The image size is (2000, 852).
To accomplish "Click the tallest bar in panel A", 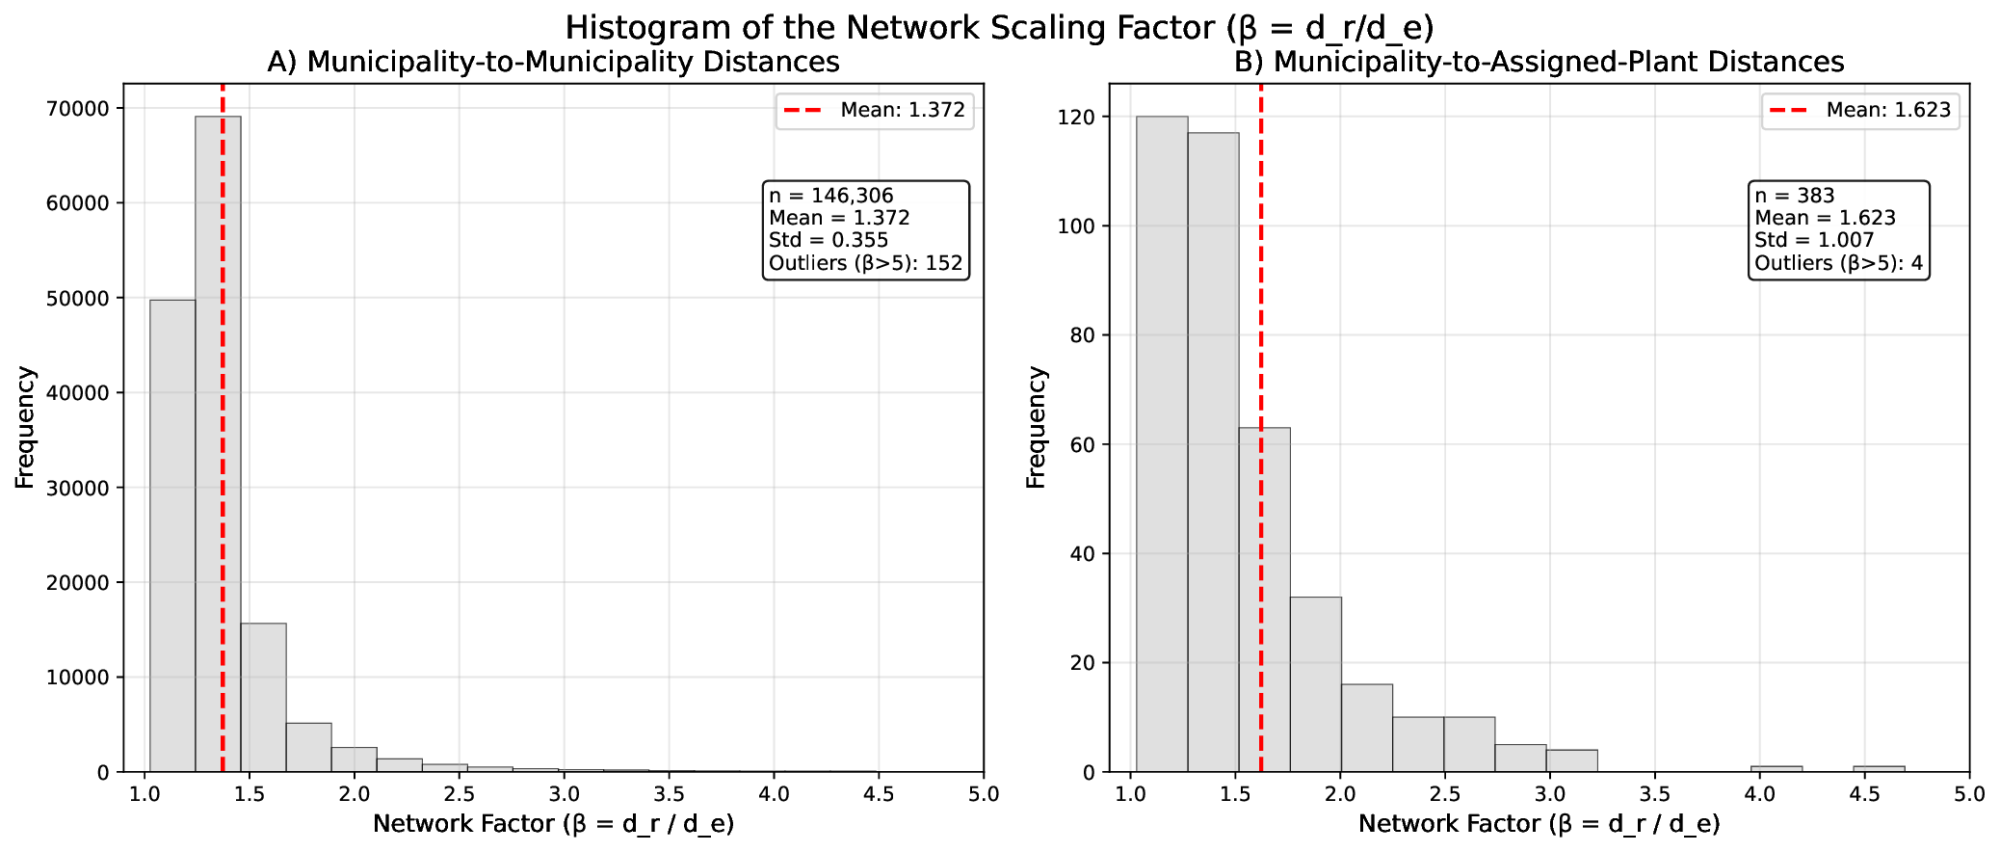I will click(218, 443).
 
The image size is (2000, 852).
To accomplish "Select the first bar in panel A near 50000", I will click(172, 535).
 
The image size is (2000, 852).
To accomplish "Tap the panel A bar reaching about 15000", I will click(263, 697).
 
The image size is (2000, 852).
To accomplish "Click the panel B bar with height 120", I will click(1161, 443).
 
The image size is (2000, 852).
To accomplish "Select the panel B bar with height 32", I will click(1315, 684).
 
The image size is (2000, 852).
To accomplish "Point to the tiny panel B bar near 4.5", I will click(1879, 768).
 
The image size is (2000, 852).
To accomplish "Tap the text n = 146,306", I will click(830, 196).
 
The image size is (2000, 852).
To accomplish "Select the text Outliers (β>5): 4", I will click(1837, 263).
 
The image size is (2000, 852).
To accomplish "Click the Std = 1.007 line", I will click(1813, 240).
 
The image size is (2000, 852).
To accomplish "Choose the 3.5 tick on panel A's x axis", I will click(669, 793).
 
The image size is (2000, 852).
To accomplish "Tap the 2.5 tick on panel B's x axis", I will click(1444, 793).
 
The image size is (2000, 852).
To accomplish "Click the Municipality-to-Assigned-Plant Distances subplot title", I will click(1539, 62).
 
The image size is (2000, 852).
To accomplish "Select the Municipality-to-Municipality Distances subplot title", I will click(553, 62).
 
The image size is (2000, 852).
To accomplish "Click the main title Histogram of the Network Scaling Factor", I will click(999, 27).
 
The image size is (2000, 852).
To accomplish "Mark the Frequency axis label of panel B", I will click(1036, 427).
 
